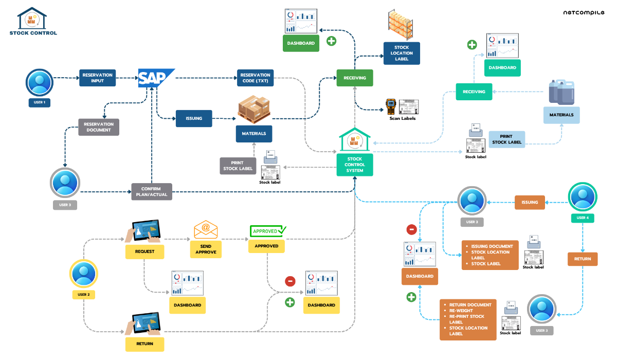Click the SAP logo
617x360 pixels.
coord(156,78)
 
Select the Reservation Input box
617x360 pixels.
coord(97,78)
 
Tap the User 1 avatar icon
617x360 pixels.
coord(40,82)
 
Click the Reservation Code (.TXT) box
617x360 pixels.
coord(256,78)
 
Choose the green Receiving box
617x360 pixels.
coord(354,78)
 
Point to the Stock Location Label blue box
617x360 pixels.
coord(402,53)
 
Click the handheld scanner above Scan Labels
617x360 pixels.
coord(391,106)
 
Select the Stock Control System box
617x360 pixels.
coord(355,164)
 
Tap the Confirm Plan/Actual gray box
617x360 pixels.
coord(152,192)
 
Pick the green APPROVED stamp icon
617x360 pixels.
coord(267,231)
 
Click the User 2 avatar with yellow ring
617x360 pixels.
coord(83,274)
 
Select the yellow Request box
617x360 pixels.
coord(144,251)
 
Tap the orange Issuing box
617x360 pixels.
coord(530,202)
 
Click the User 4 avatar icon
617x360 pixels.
coord(582,196)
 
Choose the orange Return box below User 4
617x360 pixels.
coord(583,259)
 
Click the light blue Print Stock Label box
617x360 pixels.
coord(507,139)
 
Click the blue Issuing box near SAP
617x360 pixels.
coord(194,118)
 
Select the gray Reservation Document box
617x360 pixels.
coord(99,127)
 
